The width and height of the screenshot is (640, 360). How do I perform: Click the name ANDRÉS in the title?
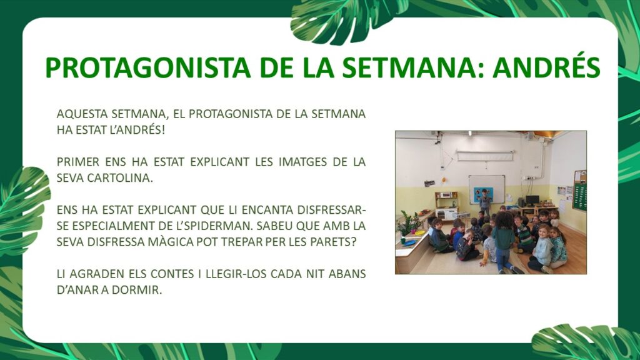click(x=546, y=67)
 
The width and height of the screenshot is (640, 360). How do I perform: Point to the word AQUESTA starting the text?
click(x=82, y=114)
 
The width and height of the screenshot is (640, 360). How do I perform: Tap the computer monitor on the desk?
click(x=532, y=200)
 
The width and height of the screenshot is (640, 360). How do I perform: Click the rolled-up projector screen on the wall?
click(x=485, y=156)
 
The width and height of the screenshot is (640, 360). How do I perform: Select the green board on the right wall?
click(x=579, y=197)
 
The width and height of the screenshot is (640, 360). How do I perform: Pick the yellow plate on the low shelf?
click(x=419, y=232)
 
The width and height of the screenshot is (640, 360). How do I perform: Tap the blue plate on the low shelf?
click(x=409, y=242)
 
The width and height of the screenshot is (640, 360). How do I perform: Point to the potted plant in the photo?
click(x=406, y=223)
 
